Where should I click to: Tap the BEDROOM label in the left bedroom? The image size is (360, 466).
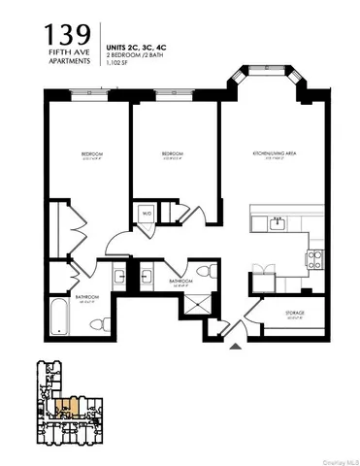[x=92, y=155]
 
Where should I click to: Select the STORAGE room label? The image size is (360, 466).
[x=295, y=313]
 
